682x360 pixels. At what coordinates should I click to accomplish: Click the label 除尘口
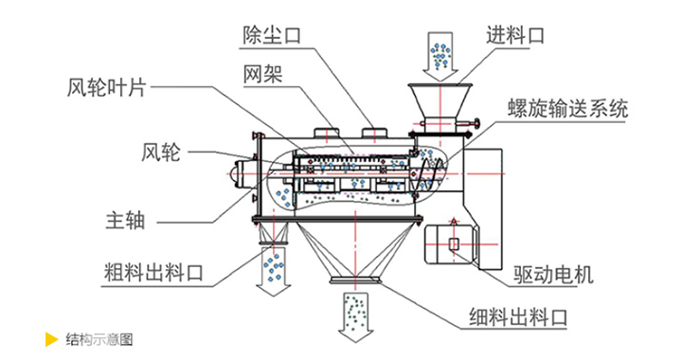[272, 34]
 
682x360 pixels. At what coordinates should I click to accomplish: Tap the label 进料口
[515, 35]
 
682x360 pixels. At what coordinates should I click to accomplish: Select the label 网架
[262, 74]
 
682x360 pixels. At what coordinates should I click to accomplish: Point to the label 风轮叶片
[106, 88]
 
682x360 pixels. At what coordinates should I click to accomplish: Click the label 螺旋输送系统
[567, 108]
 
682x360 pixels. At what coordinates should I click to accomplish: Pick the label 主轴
[125, 221]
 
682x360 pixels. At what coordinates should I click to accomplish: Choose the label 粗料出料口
[153, 273]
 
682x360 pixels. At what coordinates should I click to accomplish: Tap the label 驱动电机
[553, 275]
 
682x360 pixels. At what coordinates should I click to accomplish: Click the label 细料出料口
[518, 316]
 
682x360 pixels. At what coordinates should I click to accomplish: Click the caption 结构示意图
[99, 339]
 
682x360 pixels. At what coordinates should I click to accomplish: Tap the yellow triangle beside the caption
[51, 339]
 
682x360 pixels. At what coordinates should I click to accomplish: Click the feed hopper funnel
[440, 100]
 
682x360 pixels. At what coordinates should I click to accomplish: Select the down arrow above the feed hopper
[440, 57]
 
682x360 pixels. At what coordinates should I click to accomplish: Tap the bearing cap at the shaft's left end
[239, 174]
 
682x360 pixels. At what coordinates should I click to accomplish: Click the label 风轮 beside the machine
[160, 153]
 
